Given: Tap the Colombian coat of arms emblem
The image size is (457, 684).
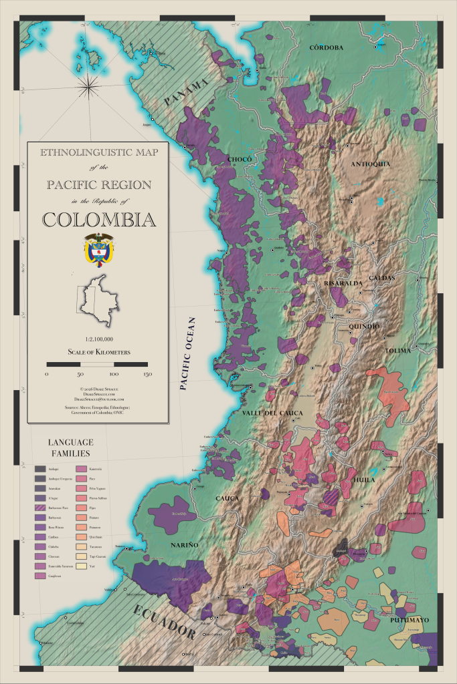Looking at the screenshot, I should point(98,248).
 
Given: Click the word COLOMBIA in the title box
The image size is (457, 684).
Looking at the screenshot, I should point(98,218).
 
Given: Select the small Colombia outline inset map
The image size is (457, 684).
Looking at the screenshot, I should point(99,298).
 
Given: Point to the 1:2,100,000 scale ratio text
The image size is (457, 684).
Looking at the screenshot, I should point(98,340).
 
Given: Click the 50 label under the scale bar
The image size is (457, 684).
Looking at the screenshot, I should point(80,374).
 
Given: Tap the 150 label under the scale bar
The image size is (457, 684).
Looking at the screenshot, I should point(147,374).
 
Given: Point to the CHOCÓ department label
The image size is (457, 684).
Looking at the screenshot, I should point(239,158).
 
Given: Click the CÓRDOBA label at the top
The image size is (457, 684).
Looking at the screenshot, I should point(326,47).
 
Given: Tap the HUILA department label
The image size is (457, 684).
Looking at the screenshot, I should point(365,480).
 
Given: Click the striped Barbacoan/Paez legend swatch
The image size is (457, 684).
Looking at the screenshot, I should point(41,508).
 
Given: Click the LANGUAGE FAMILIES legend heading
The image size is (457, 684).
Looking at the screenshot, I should point(70,448).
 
